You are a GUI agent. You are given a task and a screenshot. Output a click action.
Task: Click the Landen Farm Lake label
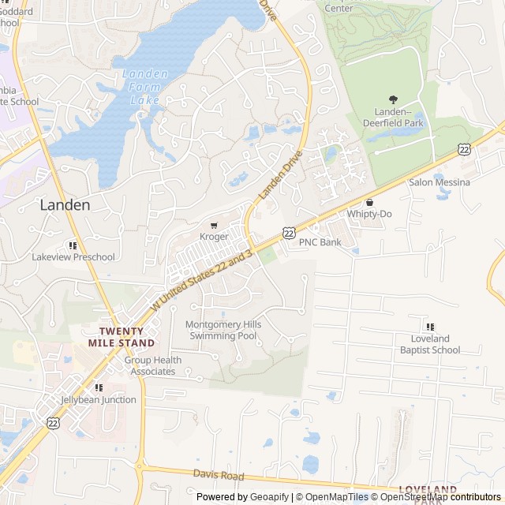pos(145,87)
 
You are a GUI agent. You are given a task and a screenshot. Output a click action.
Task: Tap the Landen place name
pos(65,204)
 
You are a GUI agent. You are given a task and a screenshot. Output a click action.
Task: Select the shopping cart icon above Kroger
pos(214,225)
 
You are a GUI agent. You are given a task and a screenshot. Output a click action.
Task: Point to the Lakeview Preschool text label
pos(73,256)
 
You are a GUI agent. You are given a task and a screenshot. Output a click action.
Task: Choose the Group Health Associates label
pos(153,366)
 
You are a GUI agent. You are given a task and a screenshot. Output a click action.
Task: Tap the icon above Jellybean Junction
pos(99,387)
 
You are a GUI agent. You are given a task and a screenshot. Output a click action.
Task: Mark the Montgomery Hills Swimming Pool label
pos(223,330)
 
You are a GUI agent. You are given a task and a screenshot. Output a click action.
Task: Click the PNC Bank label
pos(320,242)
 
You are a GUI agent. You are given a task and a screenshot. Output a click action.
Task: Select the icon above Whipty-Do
pos(369,203)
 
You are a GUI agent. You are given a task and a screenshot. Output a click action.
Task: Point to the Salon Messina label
pos(439,182)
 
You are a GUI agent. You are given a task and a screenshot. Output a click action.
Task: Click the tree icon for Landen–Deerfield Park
pos(394,99)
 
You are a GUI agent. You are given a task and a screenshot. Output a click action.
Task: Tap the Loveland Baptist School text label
pos(430,344)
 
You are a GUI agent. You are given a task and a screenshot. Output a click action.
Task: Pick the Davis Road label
pos(219,475)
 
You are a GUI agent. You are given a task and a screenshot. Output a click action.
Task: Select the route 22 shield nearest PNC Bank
pos(290,233)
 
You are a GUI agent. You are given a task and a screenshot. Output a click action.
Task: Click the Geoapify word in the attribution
pos(269,497)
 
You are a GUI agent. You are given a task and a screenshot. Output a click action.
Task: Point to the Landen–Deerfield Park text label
pos(394,117)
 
